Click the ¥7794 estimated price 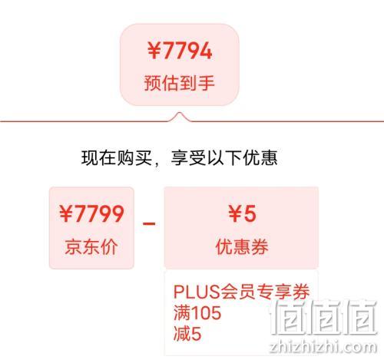point(180,51)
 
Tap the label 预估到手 point(179,83)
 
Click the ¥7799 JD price point(91,213)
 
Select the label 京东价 point(91,246)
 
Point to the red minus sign point(149,224)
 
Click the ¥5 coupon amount point(242,213)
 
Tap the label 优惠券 point(242,246)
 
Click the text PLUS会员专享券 point(241,292)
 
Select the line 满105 point(197,312)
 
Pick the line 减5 point(187,333)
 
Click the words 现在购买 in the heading point(117,157)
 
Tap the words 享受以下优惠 point(224,157)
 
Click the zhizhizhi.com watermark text point(323,347)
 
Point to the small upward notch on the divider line point(180,114)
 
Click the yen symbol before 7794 point(154,51)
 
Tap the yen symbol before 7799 point(66,213)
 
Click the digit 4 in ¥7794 point(204,51)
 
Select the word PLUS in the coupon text point(197,292)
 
